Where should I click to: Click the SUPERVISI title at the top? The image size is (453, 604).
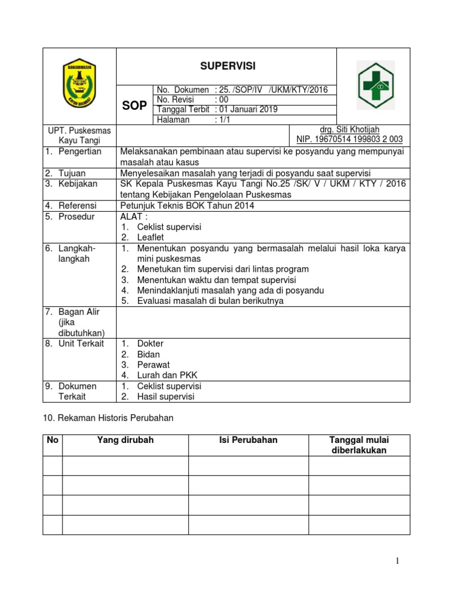(226, 66)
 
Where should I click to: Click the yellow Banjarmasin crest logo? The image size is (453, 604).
(80, 85)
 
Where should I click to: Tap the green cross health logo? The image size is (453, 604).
(375, 85)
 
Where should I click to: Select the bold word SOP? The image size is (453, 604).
(134, 106)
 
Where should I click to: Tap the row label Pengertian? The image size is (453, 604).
(80, 152)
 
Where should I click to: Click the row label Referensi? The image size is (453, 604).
(79, 205)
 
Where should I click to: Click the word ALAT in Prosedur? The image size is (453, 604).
(131, 216)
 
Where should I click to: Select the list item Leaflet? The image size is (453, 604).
(150, 237)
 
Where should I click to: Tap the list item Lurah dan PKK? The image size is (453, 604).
(164, 375)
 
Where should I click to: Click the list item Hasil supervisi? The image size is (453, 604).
(165, 396)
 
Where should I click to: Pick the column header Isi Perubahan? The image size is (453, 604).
(248, 440)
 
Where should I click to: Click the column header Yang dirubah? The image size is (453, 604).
(125, 440)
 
